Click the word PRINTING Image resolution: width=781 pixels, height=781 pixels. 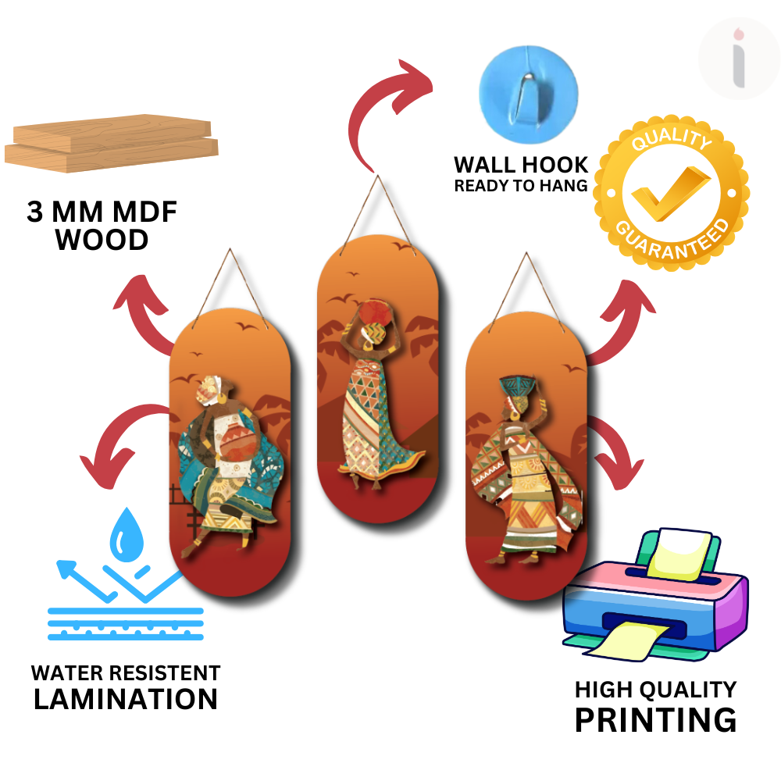coord(655,719)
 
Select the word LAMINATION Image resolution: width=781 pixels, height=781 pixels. coord(126,698)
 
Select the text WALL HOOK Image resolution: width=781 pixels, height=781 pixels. coord(521,165)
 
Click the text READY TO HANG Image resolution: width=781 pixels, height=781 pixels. coord(521,186)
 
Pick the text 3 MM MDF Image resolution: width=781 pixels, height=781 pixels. coord(102,212)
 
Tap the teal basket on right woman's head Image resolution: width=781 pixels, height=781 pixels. coord(518,387)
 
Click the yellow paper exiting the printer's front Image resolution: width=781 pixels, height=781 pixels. coord(624,638)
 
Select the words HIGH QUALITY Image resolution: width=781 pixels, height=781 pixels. coord(655,689)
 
